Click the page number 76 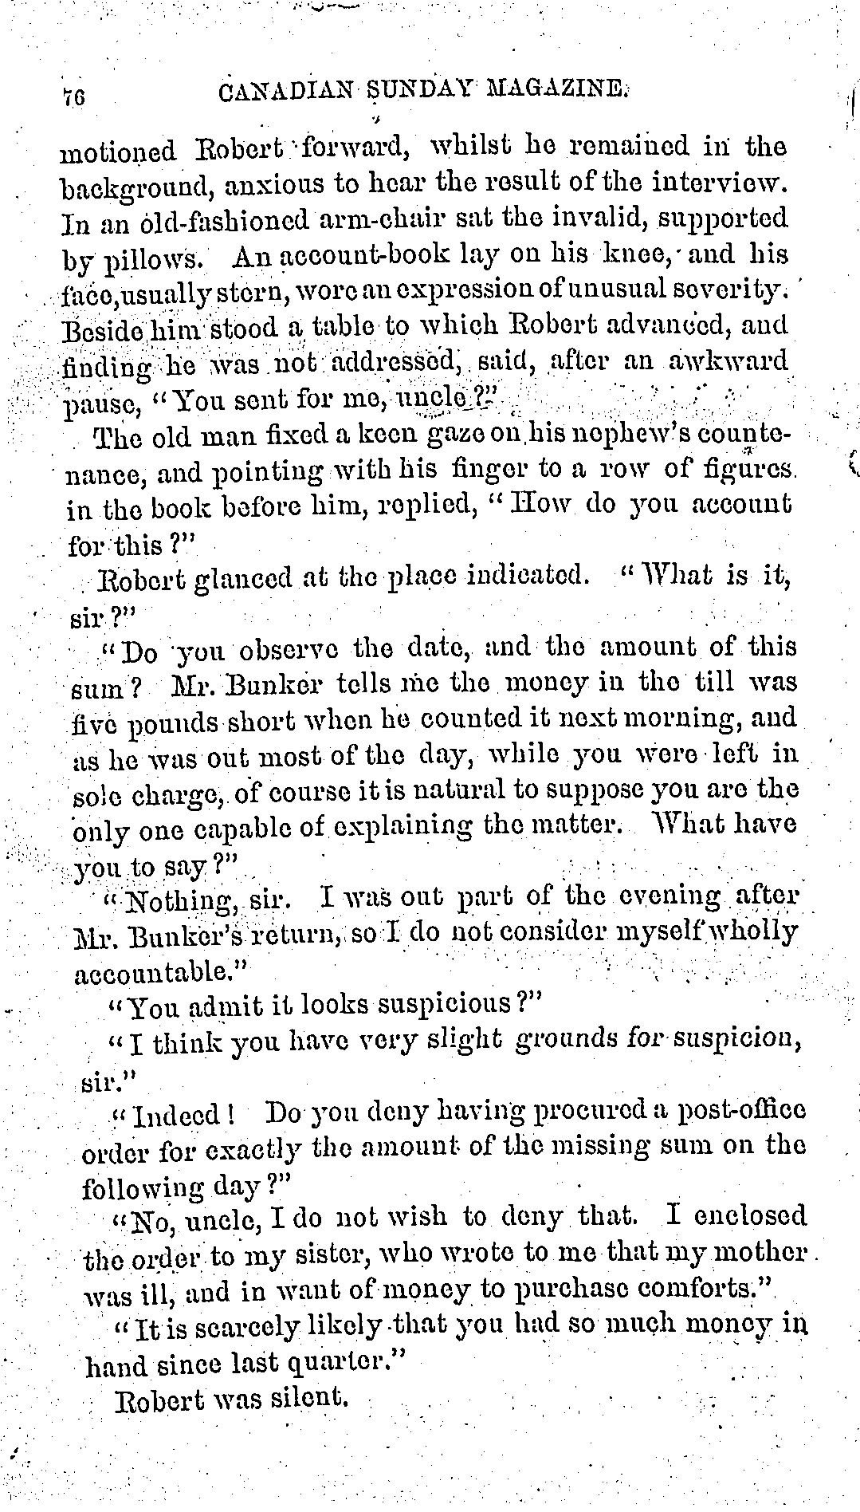pyautogui.click(x=76, y=96)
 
